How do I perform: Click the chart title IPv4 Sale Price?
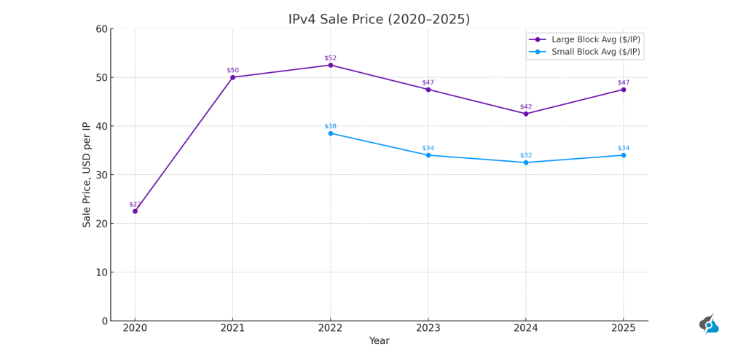(379, 20)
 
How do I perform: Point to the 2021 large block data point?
(232, 77)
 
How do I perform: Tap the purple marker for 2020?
(135, 211)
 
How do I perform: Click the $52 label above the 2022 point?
(330, 58)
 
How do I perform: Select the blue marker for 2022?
(330, 133)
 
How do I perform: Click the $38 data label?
(330, 126)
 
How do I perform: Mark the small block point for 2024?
(526, 163)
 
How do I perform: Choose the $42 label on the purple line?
(526, 106)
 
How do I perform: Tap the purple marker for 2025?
(624, 90)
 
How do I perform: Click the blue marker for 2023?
(428, 155)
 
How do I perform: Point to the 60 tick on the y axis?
(101, 29)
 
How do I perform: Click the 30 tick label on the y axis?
(101, 175)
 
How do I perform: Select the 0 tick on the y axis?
(104, 321)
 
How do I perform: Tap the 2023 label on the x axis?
(428, 329)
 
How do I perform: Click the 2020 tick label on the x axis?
(135, 329)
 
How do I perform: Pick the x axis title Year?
(379, 341)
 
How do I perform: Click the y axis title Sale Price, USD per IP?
(87, 175)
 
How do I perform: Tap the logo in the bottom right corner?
(709, 325)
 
